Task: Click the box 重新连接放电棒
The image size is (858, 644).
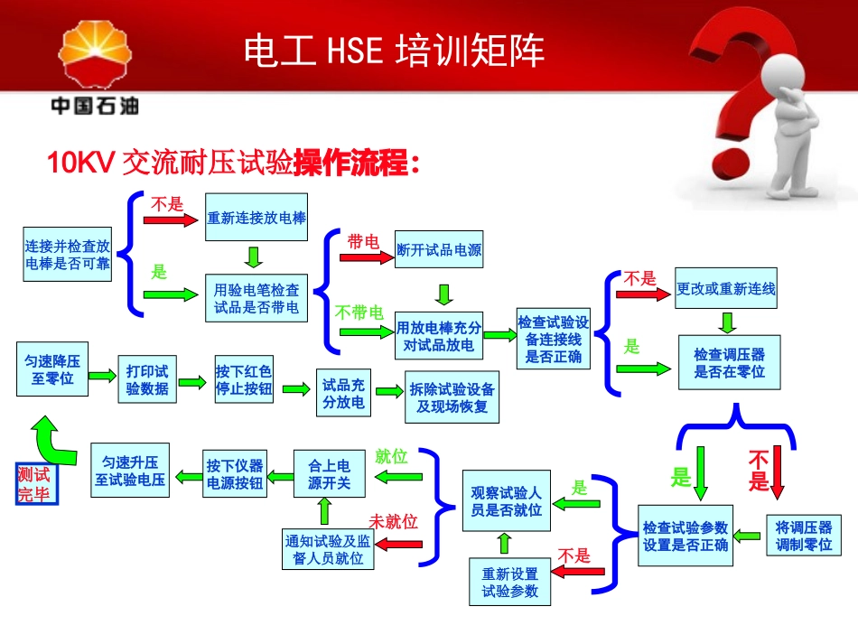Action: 256,218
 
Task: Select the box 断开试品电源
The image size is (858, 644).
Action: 439,250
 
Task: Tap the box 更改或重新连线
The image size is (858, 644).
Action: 726,289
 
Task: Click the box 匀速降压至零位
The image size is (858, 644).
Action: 52,369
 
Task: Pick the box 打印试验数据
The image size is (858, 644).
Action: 148,380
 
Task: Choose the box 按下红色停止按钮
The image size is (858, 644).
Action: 244,380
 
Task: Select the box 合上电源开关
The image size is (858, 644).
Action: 329,474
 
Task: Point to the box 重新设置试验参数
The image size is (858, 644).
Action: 509,582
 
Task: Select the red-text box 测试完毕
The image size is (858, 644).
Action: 34,484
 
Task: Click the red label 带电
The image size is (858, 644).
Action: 363,241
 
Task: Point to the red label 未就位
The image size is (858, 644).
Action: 393,521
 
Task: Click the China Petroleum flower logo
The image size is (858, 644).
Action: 94,59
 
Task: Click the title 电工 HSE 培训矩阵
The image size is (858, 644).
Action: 395,51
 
